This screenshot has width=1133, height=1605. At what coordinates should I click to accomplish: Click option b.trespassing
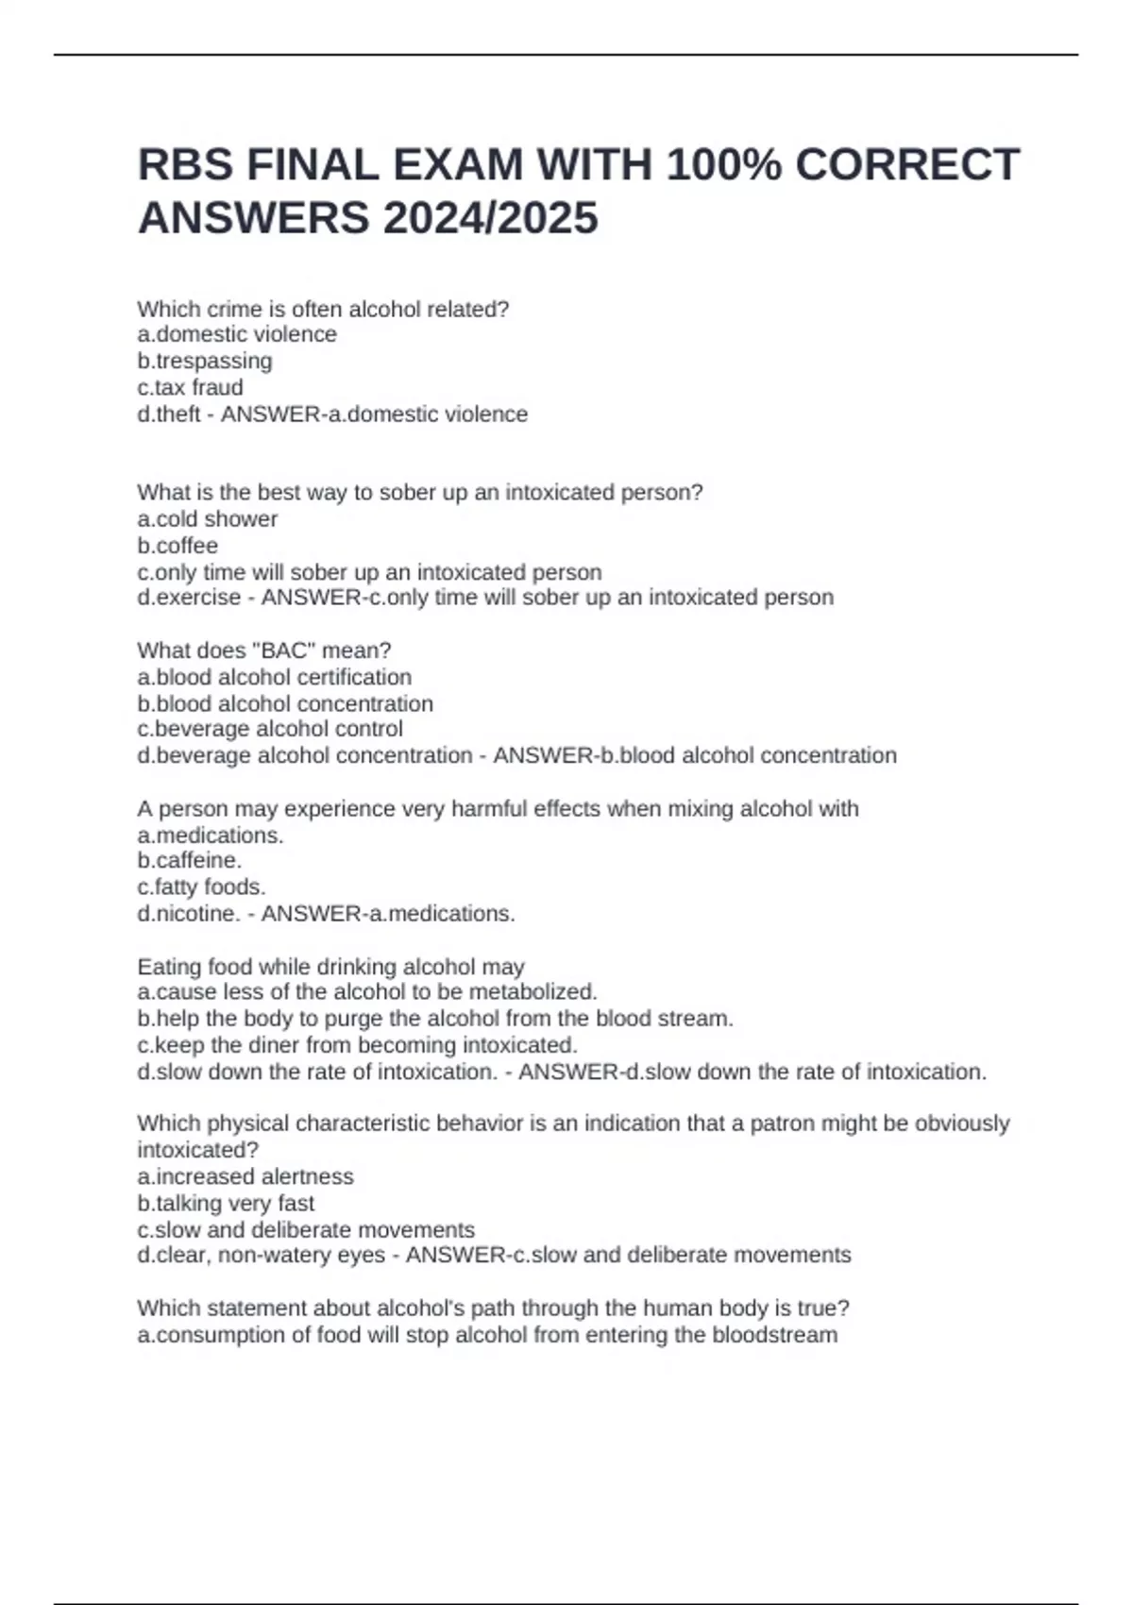tap(205, 361)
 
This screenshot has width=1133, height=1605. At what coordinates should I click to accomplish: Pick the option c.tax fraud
tap(190, 387)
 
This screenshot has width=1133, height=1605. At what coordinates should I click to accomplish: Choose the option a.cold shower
tap(208, 518)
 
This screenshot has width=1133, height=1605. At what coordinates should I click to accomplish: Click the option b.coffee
tap(178, 545)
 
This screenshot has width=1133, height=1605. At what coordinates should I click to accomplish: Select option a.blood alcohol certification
tap(275, 677)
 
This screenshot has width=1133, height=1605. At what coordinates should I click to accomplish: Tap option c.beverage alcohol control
tap(270, 729)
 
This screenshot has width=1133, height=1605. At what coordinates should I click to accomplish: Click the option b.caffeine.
tap(190, 860)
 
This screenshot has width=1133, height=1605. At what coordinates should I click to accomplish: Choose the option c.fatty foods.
tap(202, 887)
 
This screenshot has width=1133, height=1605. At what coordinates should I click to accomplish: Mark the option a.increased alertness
tap(245, 1176)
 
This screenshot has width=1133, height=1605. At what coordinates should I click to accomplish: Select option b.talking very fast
tap(226, 1203)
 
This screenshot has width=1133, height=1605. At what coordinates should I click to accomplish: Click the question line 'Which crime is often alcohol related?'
tap(323, 309)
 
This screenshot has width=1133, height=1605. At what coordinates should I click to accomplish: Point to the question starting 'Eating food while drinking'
tap(330, 967)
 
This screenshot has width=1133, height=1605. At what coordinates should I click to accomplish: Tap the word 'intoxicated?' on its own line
tap(198, 1150)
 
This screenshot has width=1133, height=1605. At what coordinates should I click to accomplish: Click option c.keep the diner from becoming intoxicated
tap(357, 1045)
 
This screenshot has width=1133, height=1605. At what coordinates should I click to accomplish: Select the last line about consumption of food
tap(487, 1335)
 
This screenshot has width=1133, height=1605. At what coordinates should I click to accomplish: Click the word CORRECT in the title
tap(907, 165)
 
